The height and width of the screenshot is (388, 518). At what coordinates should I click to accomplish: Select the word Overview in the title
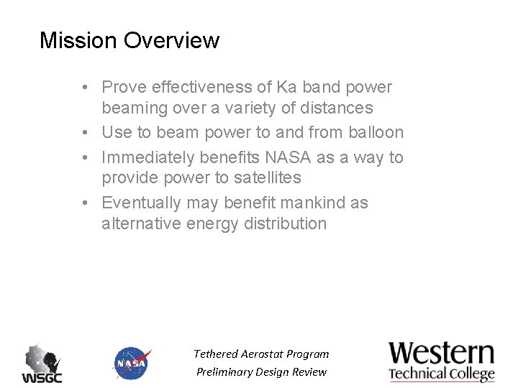171,40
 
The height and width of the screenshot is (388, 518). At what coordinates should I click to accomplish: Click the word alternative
141,223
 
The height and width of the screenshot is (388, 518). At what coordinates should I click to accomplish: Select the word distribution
286,223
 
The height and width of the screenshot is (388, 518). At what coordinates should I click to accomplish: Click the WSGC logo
42,364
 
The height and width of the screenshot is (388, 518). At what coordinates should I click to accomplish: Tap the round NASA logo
132,364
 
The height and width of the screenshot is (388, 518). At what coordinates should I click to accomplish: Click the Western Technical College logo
442,361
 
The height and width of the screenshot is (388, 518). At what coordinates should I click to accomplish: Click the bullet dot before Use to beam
85,133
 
